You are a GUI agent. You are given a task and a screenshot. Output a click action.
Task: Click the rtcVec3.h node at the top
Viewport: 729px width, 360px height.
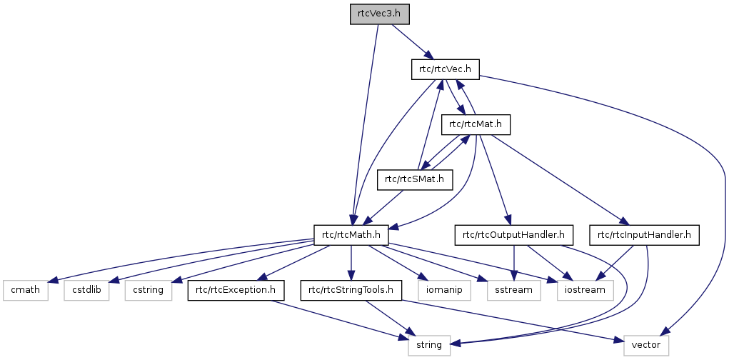[x=380, y=14]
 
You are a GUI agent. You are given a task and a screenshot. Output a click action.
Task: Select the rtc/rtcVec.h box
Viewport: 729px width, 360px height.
[x=445, y=69]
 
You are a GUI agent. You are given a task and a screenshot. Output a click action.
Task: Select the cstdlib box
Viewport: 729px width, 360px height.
[x=90, y=290]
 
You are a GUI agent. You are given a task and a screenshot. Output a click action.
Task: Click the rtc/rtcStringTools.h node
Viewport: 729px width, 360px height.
[x=351, y=290]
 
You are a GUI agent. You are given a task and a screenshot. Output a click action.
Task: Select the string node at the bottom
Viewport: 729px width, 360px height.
[x=430, y=346]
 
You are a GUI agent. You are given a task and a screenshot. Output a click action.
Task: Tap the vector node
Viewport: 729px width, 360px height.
[x=645, y=346]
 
